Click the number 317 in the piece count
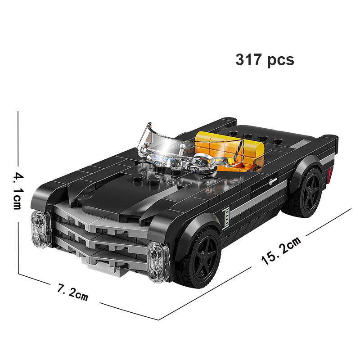coord(249,60)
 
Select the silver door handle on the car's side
coord(273,182)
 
